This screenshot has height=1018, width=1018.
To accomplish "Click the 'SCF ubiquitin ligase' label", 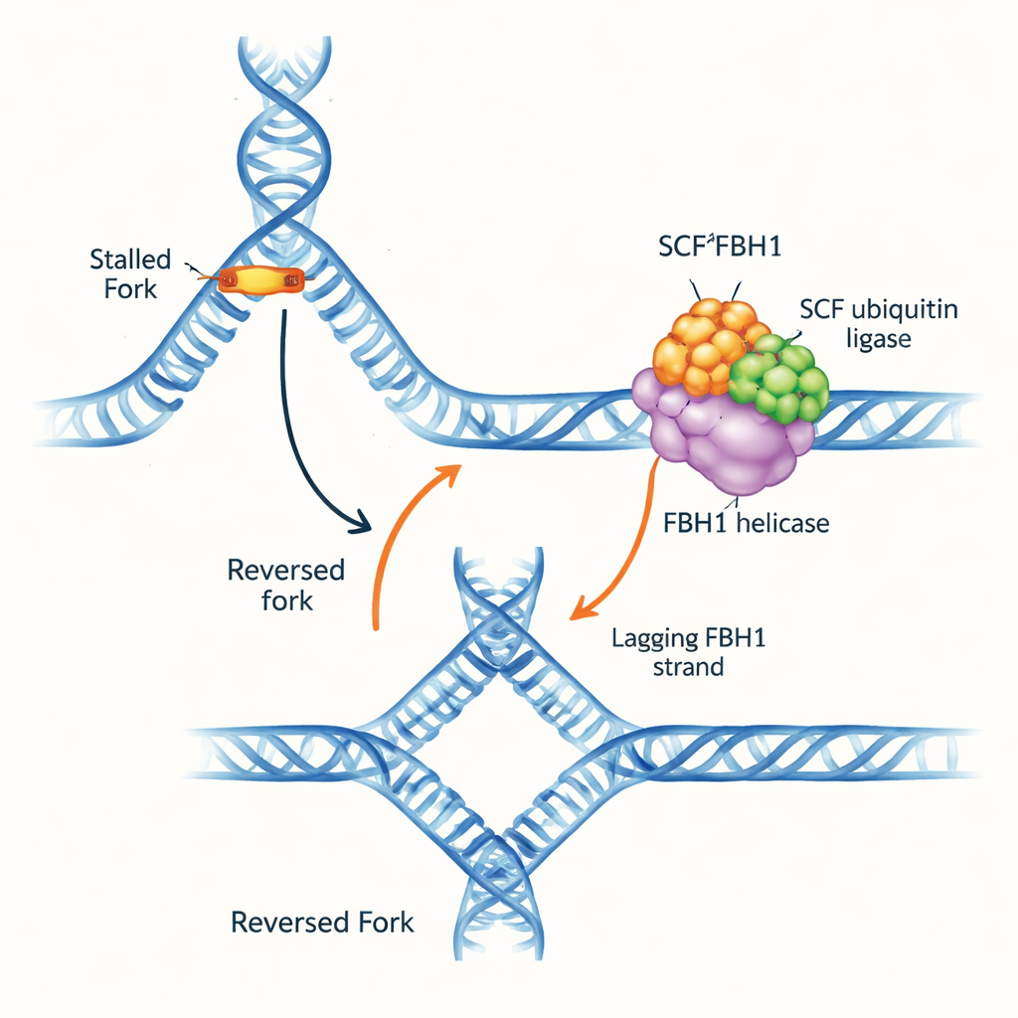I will pos(878,324).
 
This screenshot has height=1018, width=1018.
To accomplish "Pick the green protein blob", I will pos(783,381).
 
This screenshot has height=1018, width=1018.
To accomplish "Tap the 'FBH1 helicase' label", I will pos(746,523).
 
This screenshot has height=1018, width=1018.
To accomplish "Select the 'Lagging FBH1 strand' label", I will pos(687,652).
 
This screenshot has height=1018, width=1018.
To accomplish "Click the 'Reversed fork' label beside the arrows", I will pos(285,586).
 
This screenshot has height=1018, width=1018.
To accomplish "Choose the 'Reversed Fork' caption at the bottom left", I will pos(322,922).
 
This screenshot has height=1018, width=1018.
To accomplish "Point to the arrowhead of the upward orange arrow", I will pos(453,471).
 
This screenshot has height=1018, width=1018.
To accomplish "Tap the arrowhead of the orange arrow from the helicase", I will pos(576,612).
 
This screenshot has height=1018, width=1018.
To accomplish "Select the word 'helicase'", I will pos(782,523).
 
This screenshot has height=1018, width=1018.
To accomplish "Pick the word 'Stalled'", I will pos(129,260).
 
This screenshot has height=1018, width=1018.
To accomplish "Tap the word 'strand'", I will pos(687,667).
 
